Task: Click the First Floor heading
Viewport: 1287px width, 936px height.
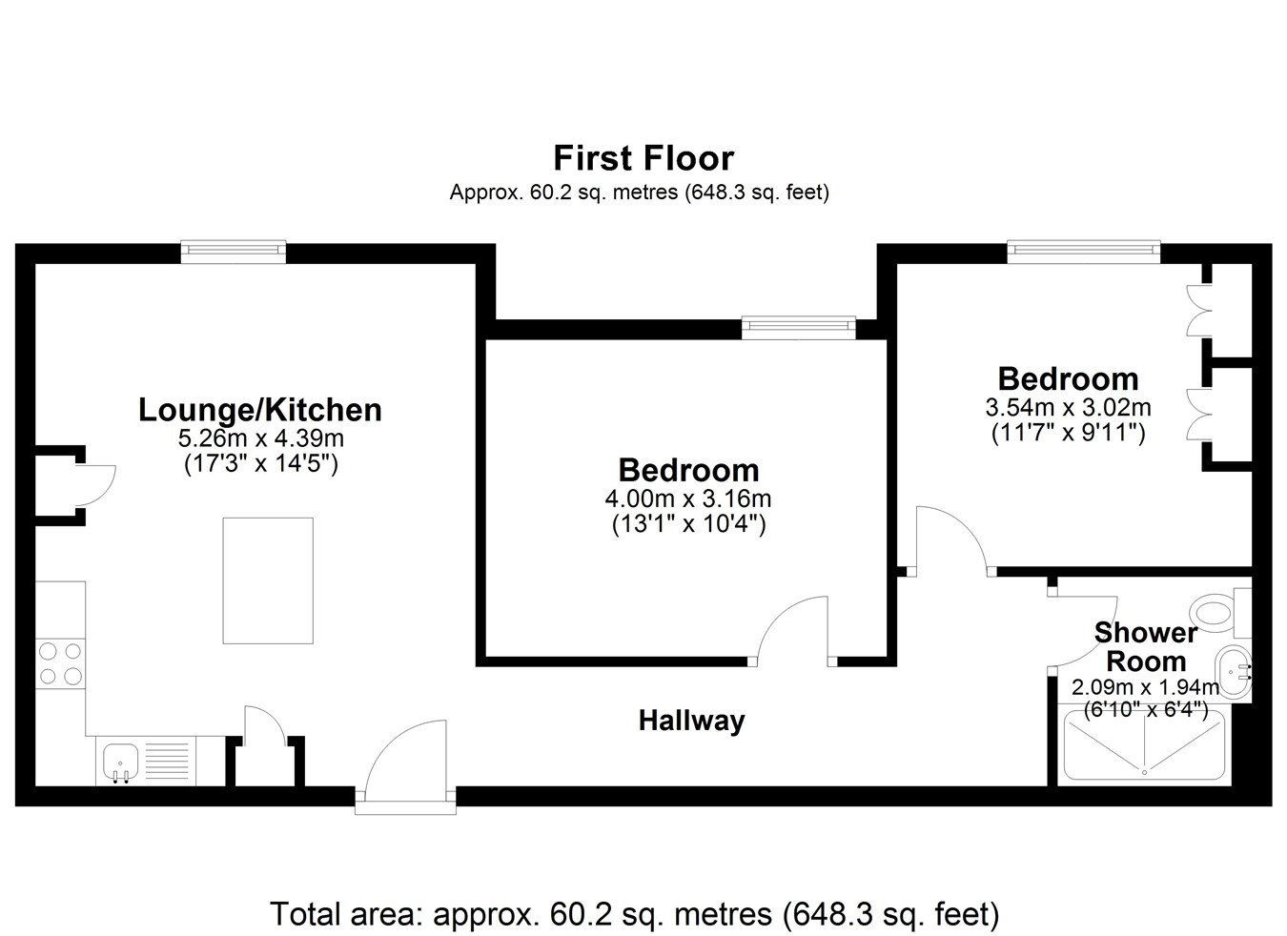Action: tap(643, 158)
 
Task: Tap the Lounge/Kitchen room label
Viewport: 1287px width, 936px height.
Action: tap(260, 410)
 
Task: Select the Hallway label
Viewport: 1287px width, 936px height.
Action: tap(692, 722)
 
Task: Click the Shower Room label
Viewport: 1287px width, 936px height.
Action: tap(1146, 647)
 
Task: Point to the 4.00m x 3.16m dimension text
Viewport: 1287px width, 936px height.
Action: tap(688, 499)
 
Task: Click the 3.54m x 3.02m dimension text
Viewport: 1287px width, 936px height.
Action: tap(1068, 408)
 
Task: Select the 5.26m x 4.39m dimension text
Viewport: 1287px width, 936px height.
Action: tap(261, 438)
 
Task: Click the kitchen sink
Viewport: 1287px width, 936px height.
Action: tap(121, 762)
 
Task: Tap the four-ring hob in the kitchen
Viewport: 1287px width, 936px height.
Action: tap(60, 663)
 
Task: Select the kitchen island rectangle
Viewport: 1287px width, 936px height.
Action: tap(268, 580)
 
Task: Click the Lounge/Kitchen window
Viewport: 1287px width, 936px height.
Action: tap(234, 251)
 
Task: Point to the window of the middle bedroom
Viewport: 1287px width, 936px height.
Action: tap(799, 328)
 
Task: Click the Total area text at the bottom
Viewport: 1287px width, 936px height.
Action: tap(634, 913)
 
